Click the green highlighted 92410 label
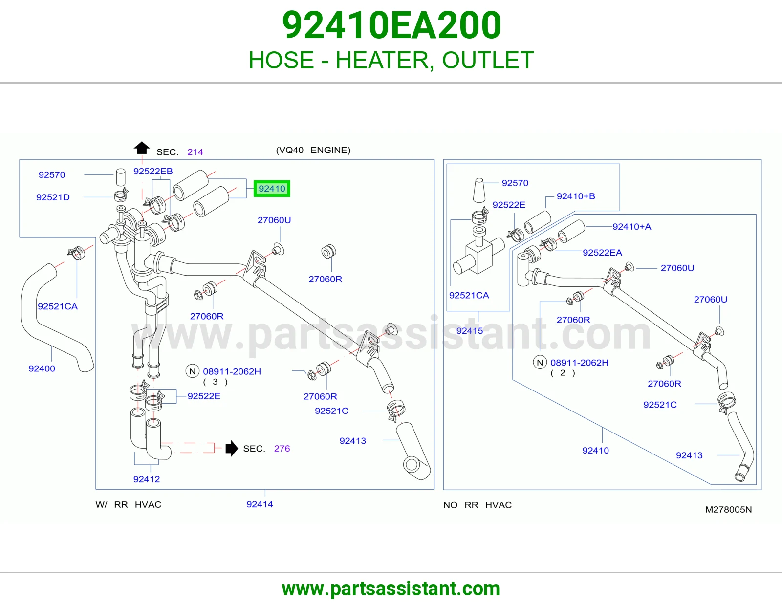272,189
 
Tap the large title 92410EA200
391,25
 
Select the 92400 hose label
42,368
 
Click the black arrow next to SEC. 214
142,148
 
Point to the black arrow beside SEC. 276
232,448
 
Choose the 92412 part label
147,479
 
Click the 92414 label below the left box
260,504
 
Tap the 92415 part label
470,331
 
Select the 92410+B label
576,196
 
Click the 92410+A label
632,227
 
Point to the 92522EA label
603,253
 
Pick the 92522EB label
153,171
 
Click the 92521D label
53,197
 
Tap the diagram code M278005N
728,510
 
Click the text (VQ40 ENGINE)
313,150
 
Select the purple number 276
282,448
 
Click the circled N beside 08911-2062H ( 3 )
193,371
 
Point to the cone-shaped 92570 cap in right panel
479,190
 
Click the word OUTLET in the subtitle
488,60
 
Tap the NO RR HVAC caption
477,505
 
